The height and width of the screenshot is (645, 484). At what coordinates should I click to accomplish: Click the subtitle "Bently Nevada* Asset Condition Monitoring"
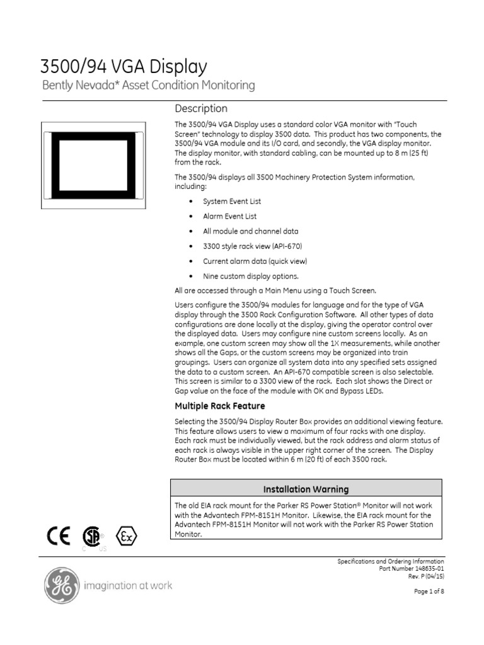pos(148,85)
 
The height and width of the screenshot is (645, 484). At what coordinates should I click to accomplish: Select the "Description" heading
pos(201,108)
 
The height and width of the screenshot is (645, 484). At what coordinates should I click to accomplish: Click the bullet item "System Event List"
pos(231,202)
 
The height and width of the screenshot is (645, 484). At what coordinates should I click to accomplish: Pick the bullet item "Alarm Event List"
pos(229,216)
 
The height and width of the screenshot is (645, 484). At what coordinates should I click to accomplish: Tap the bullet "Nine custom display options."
pos(241,276)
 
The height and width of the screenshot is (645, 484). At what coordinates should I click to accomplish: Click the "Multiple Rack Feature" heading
pos(219,406)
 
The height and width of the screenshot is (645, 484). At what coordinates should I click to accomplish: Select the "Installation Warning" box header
pos(306,489)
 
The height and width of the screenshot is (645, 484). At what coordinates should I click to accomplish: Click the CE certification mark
pos(59,536)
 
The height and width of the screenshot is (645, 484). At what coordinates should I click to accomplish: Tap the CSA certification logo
pos(93,537)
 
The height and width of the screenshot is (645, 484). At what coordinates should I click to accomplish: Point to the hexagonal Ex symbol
pos(127,537)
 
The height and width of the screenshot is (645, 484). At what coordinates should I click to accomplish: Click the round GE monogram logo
pos(61,586)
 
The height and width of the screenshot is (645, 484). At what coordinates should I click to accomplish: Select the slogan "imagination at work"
pos(128,586)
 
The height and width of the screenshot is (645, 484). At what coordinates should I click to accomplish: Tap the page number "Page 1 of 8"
pos(429,591)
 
